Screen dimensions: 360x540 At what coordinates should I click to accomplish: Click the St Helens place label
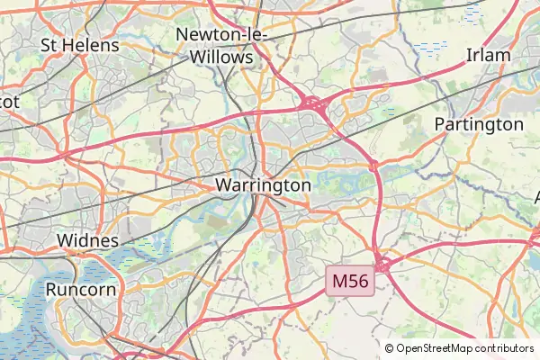[80, 44]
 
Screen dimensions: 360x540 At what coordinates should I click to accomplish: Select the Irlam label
[488, 55]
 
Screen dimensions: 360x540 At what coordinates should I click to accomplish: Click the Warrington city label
[263, 184]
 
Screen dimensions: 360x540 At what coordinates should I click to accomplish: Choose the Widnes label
[87, 240]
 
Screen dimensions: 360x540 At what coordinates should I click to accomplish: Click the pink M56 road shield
[350, 281]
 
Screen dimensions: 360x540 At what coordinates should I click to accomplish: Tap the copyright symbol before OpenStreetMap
[389, 348]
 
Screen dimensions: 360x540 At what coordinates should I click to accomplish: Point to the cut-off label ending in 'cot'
[9, 102]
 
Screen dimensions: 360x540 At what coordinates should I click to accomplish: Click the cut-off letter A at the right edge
[536, 196]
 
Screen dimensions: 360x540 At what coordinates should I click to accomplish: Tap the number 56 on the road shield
[359, 281]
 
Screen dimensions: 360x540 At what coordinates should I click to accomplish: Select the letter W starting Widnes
[64, 240]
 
